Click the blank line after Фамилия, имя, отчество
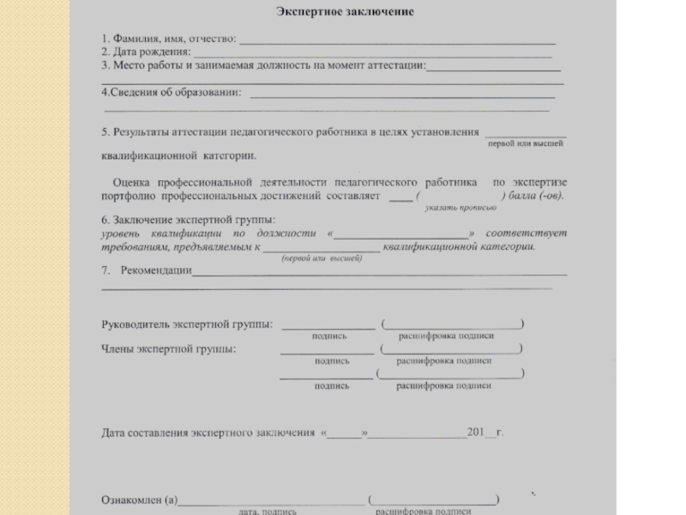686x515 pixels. point(398,41)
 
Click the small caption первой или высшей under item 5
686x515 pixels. point(525,144)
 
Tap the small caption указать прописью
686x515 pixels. point(460,208)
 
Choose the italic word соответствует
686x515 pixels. point(535,233)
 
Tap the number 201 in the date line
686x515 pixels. point(476,432)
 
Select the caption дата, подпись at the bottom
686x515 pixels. point(268,511)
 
